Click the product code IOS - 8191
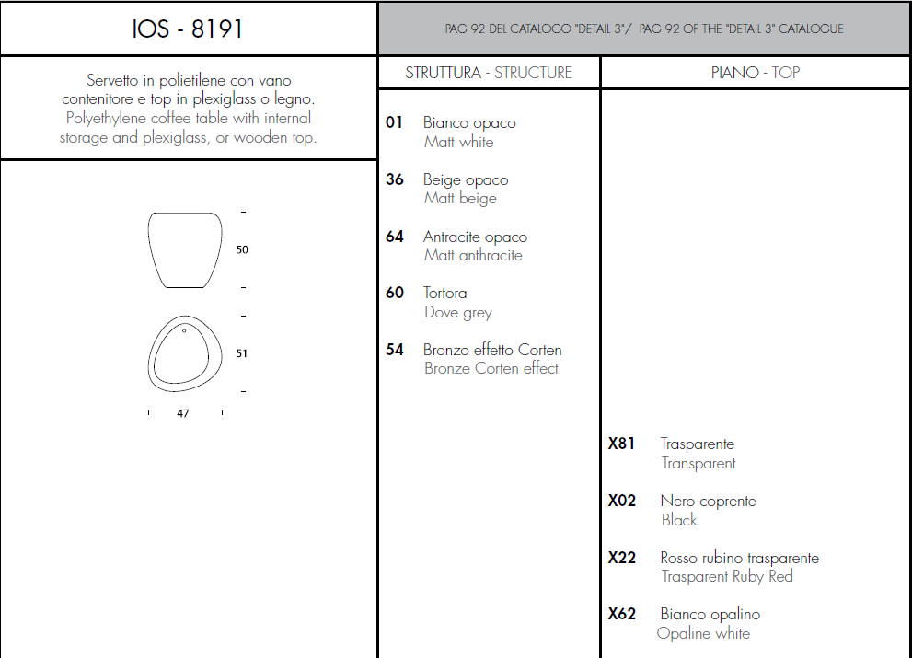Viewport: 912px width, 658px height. (x=188, y=29)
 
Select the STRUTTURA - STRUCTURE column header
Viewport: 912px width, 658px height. (x=489, y=73)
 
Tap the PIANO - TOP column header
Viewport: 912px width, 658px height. (x=755, y=73)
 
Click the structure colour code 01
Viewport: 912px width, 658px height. (x=394, y=122)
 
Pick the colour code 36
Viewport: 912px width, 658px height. (x=395, y=179)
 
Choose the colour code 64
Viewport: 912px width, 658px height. (x=395, y=237)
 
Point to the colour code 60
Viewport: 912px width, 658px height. (x=395, y=292)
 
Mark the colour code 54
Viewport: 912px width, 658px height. (x=395, y=349)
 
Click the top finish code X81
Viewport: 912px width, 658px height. (x=621, y=444)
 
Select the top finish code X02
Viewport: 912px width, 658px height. (x=622, y=501)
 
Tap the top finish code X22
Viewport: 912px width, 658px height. (x=622, y=558)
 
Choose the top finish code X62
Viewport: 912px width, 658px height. (x=622, y=614)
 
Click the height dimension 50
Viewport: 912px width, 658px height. (x=242, y=249)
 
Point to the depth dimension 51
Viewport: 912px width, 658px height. (x=241, y=353)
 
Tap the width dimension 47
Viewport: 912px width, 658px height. (x=182, y=413)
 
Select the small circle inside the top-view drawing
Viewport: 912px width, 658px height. (x=184, y=330)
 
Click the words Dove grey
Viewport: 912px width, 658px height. (x=457, y=312)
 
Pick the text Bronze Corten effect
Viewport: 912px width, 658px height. (x=491, y=368)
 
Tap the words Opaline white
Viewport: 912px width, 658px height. (x=703, y=633)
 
